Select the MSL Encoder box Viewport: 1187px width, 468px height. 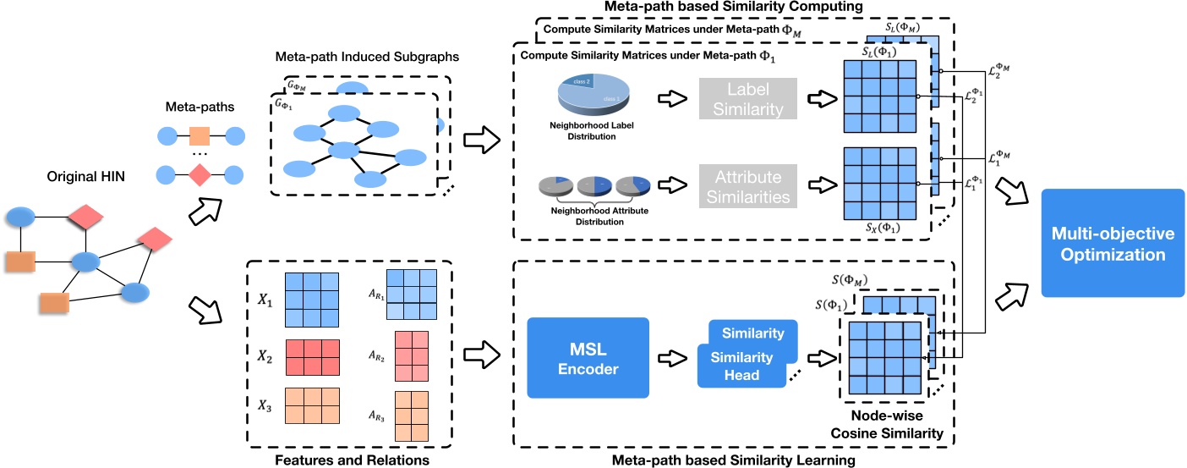[588, 357]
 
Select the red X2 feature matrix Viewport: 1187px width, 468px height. [312, 356]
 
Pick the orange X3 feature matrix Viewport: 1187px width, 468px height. [312, 410]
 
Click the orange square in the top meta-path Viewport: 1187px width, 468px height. [200, 135]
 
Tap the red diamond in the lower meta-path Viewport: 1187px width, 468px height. [200, 176]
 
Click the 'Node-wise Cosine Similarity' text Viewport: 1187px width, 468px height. [897, 426]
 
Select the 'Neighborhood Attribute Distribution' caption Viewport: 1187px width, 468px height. [592, 217]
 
